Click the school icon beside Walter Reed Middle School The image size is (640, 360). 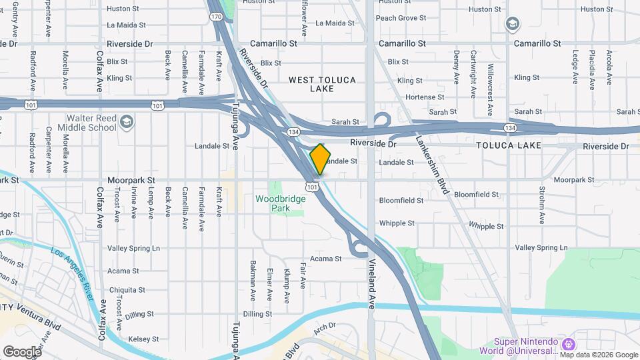pos(127,122)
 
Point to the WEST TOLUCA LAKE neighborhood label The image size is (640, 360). pos(323,84)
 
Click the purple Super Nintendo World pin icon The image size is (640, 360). pos(568,345)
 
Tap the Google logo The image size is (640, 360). pos(22,351)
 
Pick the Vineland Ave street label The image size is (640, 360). pos(373,283)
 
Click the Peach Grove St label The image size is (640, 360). pos(400,18)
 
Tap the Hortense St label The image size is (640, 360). pos(421,97)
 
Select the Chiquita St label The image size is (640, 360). pos(127,290)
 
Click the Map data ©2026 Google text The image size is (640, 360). pos(599,355)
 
